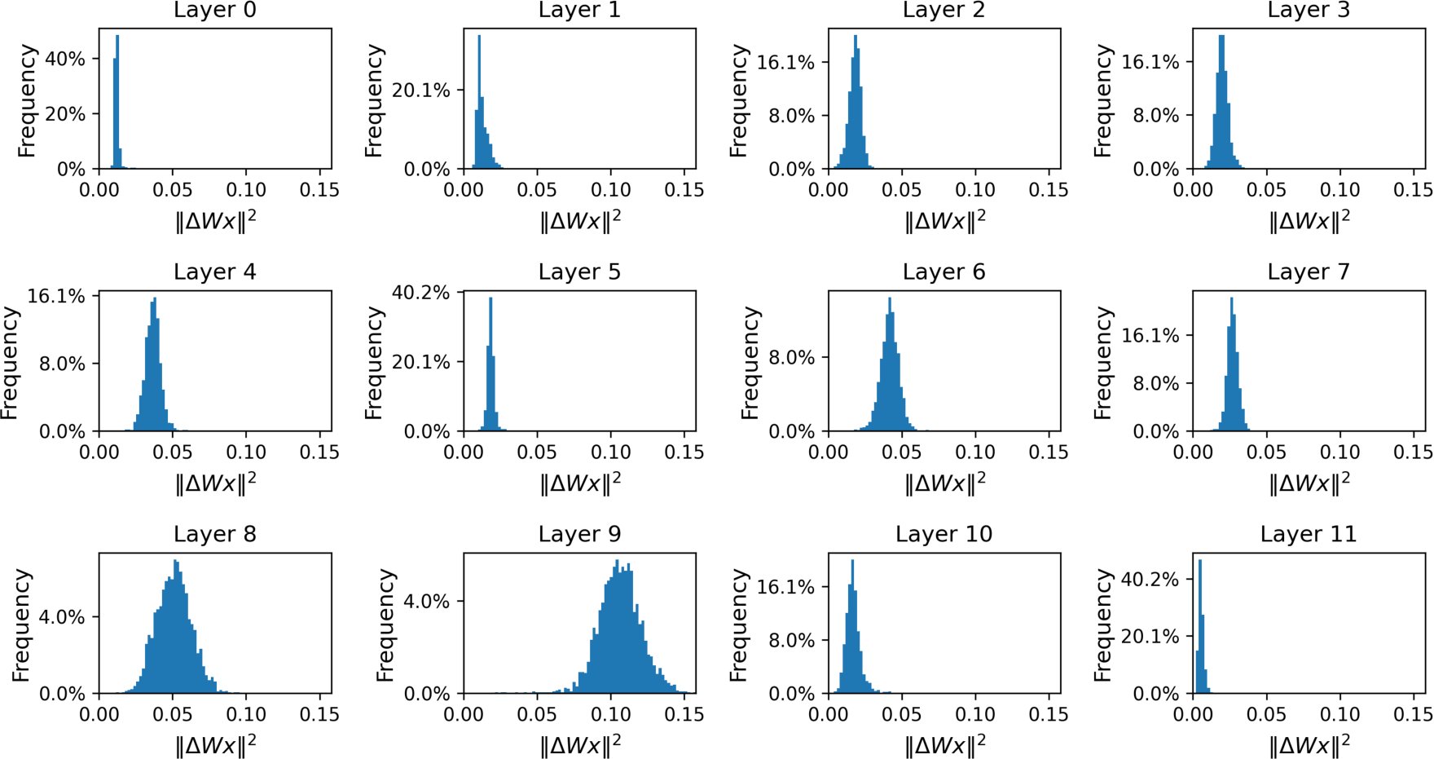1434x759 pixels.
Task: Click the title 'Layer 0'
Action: pos(214,11)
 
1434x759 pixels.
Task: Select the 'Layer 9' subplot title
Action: pos(579,535)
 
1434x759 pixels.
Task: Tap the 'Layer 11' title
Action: pos(1308,535)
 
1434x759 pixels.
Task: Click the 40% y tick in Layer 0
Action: pos(65,60)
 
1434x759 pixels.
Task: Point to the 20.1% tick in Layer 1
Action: pos(420,90)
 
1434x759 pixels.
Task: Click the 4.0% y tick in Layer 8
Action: pos(62,617)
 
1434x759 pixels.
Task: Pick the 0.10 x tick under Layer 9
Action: pos(610,715)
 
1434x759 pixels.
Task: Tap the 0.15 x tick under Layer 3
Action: pos(1412,191)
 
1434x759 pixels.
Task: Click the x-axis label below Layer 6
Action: pos(944,483)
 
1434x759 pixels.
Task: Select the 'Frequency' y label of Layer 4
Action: pos(9,363)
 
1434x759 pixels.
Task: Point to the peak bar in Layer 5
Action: pos(490,363)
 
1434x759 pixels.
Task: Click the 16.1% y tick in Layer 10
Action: pos(785,587)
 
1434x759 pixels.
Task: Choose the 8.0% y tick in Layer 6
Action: pos(791,358)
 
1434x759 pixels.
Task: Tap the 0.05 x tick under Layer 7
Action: pos(1266,452)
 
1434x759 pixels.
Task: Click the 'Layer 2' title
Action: pos(944,11)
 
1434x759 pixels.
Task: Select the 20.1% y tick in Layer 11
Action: pos(1150,637)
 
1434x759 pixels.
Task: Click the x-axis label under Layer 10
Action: pos(944,745)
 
